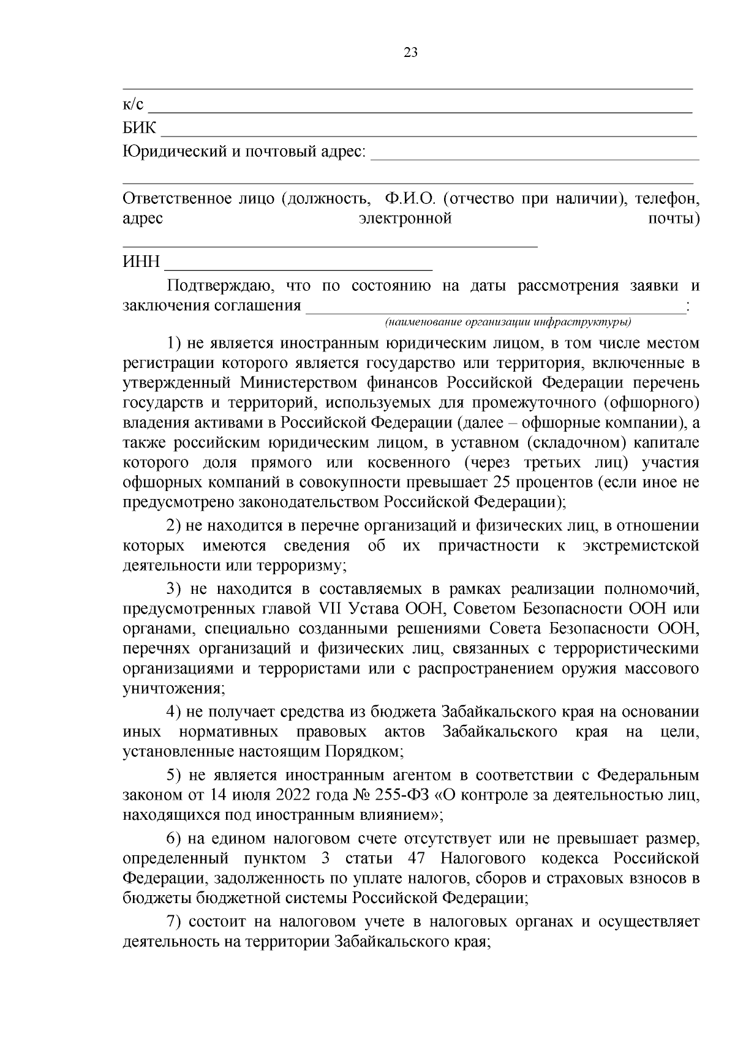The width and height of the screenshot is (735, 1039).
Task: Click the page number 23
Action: [410, 53]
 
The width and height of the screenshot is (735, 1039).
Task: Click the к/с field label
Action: [133, 105]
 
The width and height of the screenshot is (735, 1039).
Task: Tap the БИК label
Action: [140, 128]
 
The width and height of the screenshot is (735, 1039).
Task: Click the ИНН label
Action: [141, 262]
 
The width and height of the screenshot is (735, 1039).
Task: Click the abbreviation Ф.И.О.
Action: [409, 198]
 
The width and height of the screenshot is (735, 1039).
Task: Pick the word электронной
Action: [405, 219]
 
